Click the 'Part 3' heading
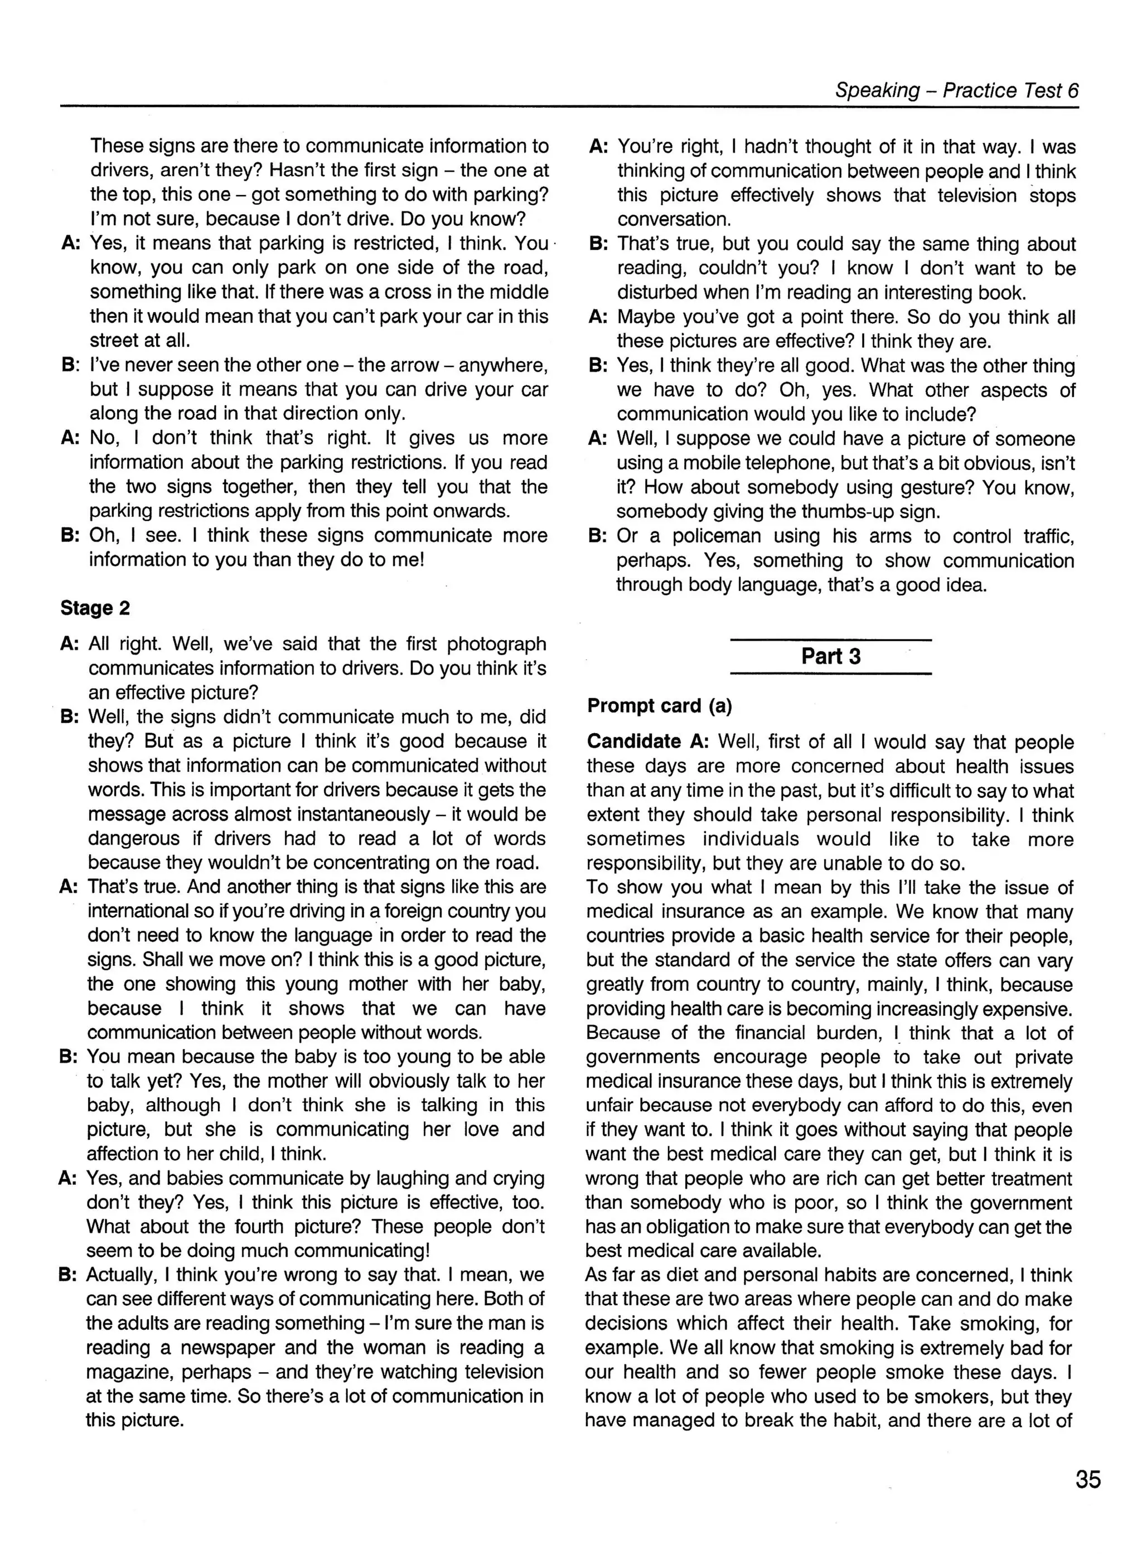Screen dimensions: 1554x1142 click(830, 656)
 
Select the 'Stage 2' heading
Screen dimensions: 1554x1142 click(95, 608)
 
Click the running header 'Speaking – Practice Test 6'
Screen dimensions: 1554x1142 click(956, 90)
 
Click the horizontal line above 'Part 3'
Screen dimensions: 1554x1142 click(830, 640)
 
